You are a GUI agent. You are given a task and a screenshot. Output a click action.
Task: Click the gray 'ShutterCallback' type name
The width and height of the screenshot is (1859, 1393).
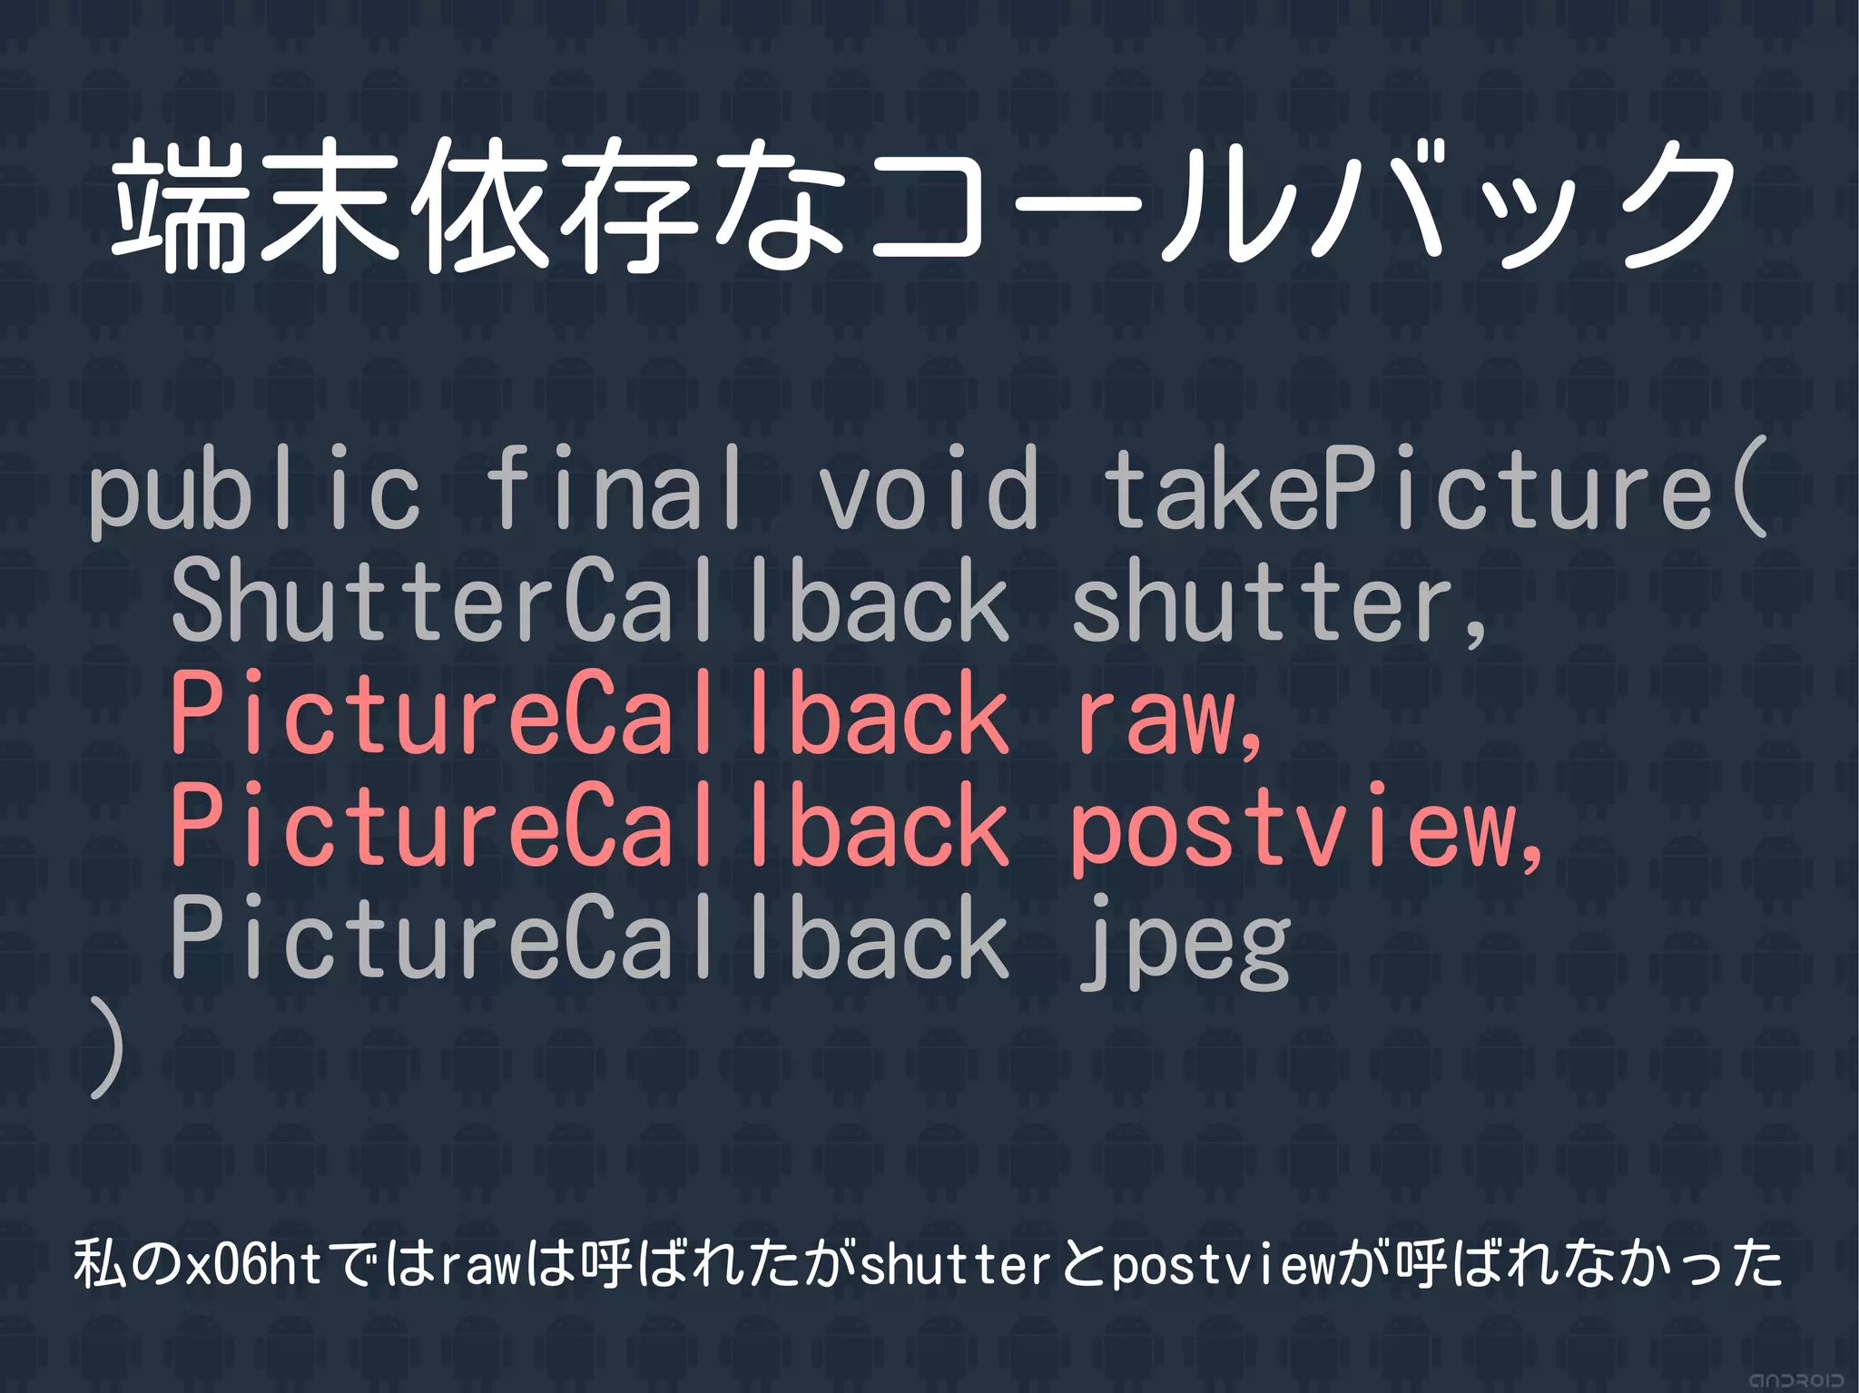click(x=590, y=601)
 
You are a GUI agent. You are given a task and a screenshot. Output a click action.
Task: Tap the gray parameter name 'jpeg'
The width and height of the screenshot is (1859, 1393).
click(x=1185, y=940)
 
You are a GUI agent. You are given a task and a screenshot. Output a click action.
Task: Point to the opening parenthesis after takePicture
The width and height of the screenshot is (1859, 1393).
click(x=1748, y=490)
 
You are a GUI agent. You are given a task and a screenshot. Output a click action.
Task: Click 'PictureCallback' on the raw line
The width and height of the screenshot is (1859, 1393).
click(x=590, y=713)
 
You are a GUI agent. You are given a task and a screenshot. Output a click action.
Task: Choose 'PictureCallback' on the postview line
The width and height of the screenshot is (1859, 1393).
click(x=590, y=826)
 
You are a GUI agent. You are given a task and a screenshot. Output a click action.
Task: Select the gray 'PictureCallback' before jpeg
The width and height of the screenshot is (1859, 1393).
click(x=590, y=938)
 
